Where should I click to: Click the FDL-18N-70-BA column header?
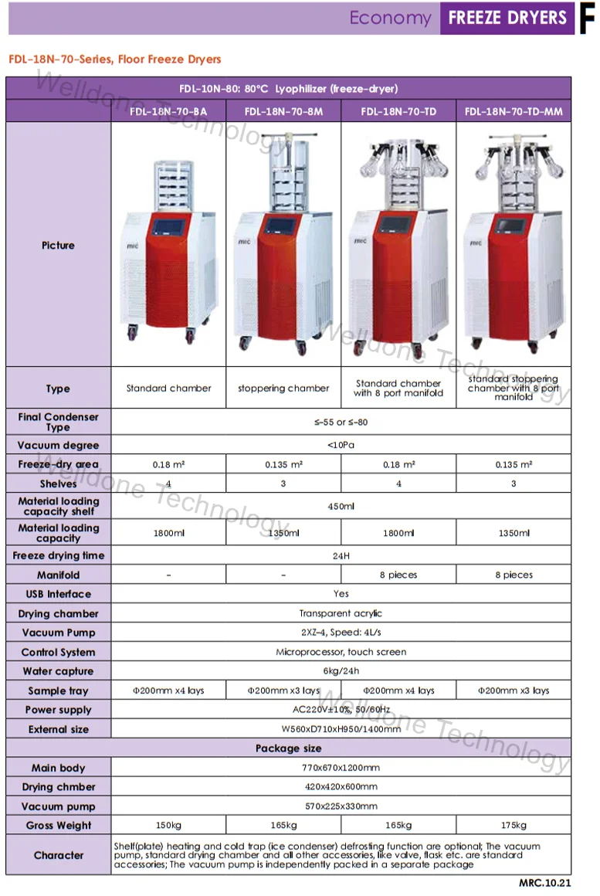tap(168, 112)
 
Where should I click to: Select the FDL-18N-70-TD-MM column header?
tap(514, 112)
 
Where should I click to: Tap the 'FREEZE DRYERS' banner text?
tap(507, 18)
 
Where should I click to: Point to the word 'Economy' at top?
tap(390, 18)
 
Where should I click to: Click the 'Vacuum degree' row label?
tap(59, 446)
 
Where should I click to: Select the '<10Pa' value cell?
tap(341, 446)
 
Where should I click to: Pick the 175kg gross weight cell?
tap(514, 826)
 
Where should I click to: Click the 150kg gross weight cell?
tap(168, 826)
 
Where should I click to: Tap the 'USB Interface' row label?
tap(59, 594)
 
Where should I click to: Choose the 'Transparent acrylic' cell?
tap(341, 613)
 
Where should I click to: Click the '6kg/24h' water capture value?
tap(341, 671)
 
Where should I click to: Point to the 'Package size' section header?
tap(289, 748)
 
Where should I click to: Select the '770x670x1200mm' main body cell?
tap(341, 768)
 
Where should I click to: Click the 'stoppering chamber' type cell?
tap(283, 389)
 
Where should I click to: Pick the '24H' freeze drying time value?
tap(341, 555)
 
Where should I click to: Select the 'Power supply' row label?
tap(59, 710)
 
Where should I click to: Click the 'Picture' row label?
tap(59, 246)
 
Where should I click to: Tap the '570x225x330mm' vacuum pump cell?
tap(341, 806)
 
